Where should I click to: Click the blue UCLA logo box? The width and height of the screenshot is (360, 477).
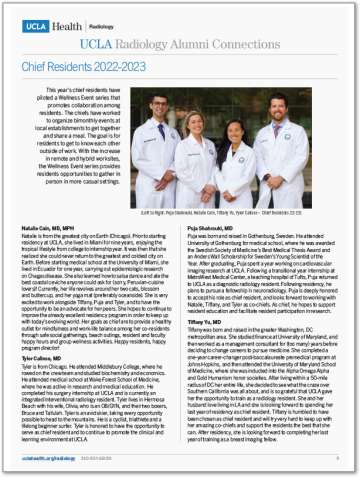(x=37, y=15)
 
